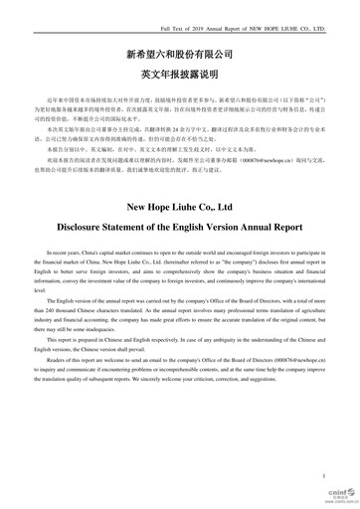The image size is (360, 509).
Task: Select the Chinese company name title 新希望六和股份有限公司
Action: (x=180, y=47)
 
